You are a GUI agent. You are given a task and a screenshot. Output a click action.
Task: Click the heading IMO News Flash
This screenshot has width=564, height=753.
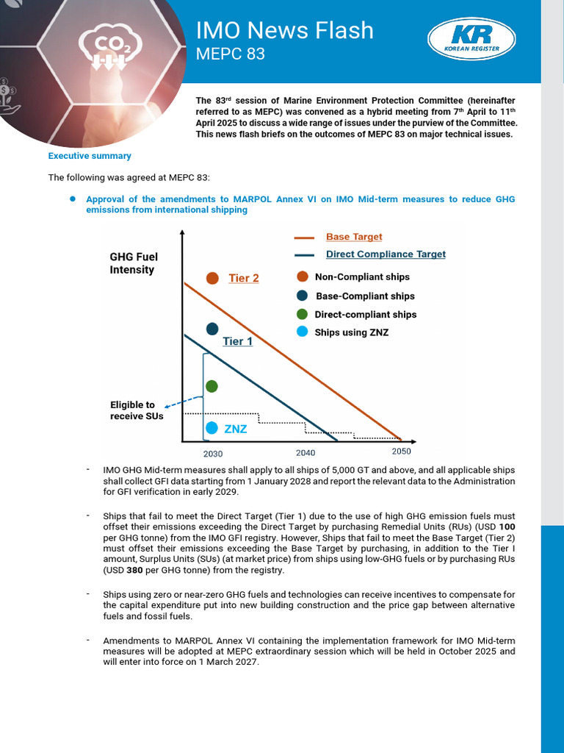tap(284, 30)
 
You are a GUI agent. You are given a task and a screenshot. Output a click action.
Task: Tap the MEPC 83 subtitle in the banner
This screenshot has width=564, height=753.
tap(230, 54)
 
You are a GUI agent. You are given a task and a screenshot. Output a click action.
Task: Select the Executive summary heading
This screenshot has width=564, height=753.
tap(90, 156)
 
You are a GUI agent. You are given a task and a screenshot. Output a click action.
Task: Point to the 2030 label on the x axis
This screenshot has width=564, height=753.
tap(213, 454)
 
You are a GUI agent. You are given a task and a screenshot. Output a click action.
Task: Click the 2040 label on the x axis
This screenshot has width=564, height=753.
tap(305, 453)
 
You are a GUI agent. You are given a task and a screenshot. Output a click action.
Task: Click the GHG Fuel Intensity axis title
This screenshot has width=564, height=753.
tap(134, 263)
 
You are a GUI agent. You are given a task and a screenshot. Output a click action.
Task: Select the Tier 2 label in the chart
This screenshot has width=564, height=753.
tap(243, 278)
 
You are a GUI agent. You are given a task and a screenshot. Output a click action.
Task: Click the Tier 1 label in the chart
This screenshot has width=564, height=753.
tap(237, 341)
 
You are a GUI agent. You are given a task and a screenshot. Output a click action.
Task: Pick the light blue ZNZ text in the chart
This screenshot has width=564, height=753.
tap(235, 429)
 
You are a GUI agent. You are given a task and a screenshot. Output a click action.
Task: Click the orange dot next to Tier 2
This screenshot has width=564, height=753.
tap(212, 278)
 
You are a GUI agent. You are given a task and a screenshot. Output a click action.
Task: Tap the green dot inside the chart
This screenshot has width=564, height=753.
tap(212, 386)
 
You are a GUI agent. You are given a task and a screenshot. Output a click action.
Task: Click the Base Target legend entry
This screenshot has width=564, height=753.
tap(353, 237)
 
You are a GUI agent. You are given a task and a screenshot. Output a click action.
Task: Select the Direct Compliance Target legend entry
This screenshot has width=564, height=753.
tap(386, 254)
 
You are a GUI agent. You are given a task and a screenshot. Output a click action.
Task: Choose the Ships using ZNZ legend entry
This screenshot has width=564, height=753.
tap(351, 332)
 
